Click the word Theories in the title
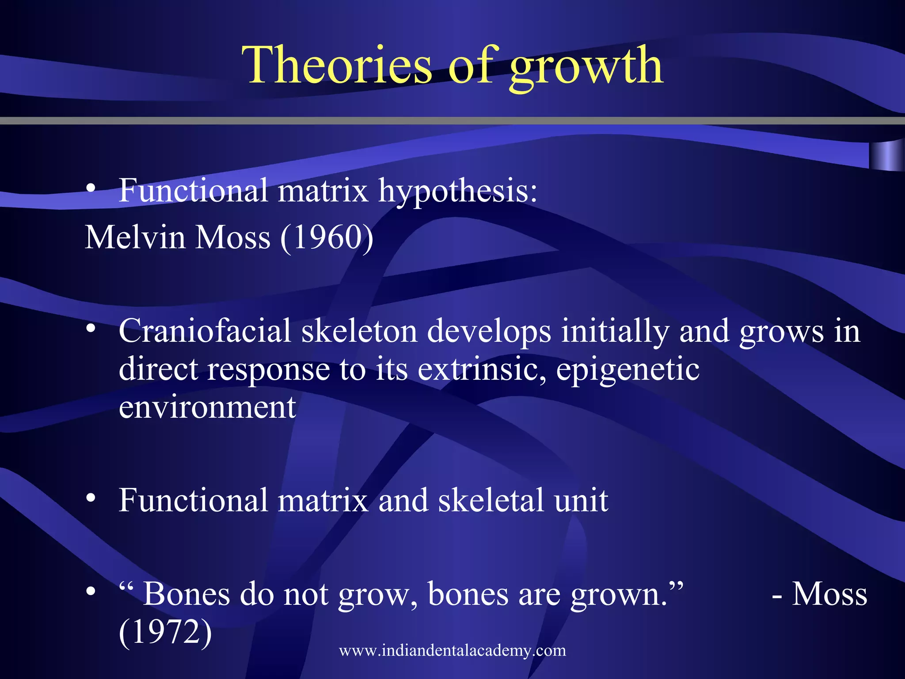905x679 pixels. (x=336, y=65)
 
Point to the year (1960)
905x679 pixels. (x=327, y=238)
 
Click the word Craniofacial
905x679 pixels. (x=205, y=331)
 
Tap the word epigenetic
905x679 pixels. (x=627, y=370)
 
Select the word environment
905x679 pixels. (x=207, y=407)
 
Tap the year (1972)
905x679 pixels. (x=165, y=632)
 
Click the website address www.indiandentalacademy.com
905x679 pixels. (x=452, y=650)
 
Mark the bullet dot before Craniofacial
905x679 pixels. (x=91, y=328)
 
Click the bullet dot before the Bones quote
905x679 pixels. (x=91, y=591)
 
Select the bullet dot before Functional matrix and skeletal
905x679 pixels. (x=91, y=498)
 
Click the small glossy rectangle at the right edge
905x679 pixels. (x=886, y=155)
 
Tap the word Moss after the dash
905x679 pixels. (x=829, y=594)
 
